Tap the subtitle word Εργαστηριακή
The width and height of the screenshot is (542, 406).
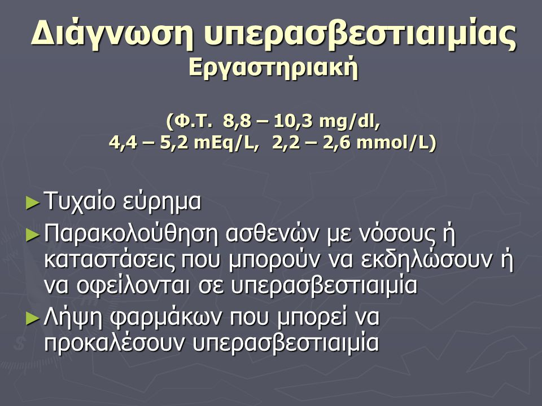click(273, 69)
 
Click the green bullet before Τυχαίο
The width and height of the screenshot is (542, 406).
click(33, 203)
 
